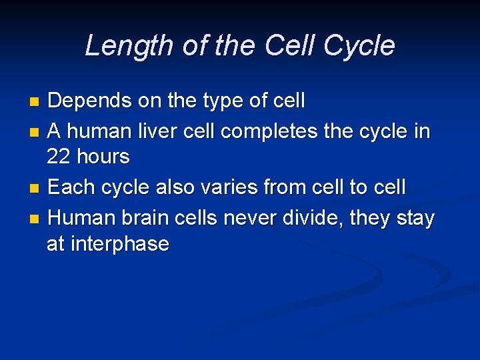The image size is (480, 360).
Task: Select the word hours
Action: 103,157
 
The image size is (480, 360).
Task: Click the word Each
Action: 70,188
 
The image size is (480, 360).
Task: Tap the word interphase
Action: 118,243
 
